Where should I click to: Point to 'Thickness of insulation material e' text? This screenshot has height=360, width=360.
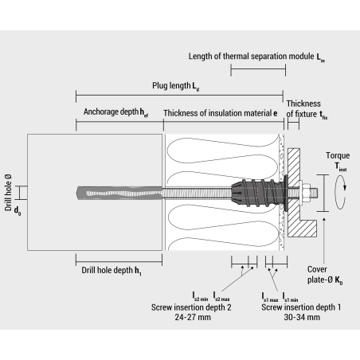(220, 113)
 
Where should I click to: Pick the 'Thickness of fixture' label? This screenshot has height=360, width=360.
(303, 108)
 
